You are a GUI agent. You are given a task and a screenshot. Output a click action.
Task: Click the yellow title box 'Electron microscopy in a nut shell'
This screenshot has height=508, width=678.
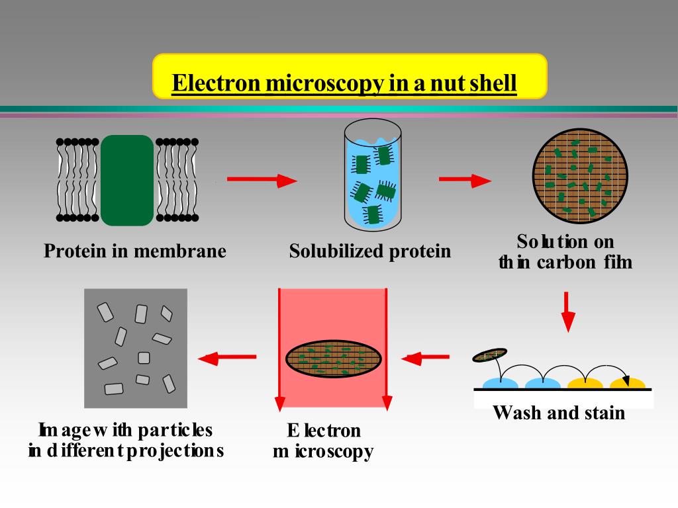click(x=350, y=77)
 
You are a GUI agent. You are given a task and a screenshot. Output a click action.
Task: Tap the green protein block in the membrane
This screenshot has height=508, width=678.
click(x=127, y=180)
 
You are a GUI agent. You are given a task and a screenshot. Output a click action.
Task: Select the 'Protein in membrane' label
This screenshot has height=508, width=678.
click(x=135, y=251)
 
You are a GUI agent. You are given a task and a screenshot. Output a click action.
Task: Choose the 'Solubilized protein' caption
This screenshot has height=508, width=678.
click(x=370, y=251)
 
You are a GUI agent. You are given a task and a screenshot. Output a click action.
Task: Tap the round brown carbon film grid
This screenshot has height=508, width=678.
click(x=580, y=175)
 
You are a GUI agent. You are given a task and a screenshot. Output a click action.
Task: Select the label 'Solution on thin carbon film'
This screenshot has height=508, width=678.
click(x=565, y=251)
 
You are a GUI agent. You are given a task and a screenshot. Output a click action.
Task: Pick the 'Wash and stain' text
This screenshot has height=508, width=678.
click(x=559, y=413)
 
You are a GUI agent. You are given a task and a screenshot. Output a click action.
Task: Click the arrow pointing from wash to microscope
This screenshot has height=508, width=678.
click(x=425, y=359)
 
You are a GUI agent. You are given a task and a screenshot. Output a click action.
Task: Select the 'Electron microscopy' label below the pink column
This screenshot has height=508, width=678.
click(x=324, y=441)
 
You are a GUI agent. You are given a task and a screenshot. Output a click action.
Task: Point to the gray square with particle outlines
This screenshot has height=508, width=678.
click(x=136, y=348)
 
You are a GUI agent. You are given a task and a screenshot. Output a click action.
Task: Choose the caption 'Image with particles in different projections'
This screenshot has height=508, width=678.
click(x=126, y=441)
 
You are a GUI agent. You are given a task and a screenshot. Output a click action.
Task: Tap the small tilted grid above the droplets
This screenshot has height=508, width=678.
click(x=489, y=355)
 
